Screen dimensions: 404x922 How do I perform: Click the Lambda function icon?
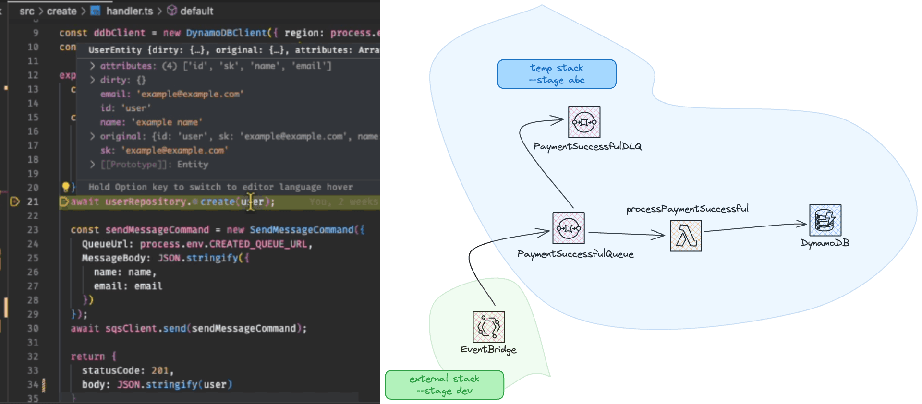coord(686,236)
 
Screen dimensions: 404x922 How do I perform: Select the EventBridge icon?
coord(488,327)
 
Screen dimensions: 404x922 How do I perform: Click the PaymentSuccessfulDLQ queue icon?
coord(584,122)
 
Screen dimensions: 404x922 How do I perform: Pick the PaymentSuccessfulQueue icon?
coord(569,228)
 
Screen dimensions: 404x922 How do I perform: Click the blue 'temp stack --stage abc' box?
coord(557,74)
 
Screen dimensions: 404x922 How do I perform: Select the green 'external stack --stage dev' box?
coord(444,384)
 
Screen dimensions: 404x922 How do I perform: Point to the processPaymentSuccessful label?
coord(687,209)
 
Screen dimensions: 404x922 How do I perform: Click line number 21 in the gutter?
coord(33,202)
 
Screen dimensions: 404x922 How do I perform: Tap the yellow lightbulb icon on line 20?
coord(66,187)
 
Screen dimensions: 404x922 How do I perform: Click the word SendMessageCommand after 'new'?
coord(301,230)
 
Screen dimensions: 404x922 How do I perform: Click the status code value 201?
coord(160,370)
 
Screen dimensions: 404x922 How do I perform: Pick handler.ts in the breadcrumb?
coord(129,11)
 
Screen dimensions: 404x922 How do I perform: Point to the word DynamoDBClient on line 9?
coord(226,33)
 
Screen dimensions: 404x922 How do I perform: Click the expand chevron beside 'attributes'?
coord(92,66)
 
